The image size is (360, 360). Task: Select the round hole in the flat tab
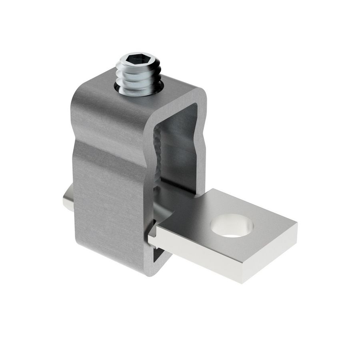(x=232, y=225)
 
